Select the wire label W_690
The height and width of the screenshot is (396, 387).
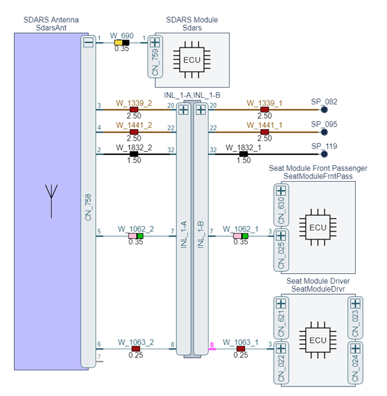coord(122,37)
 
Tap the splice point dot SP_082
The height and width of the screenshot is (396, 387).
coord(324,109)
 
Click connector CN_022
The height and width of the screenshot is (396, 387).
coord(280,363)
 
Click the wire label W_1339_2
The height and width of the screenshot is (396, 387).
coord(134,102)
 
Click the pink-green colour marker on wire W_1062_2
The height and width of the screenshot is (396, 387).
coord(136,236)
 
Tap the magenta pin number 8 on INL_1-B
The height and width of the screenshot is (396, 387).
coord(212,345)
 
